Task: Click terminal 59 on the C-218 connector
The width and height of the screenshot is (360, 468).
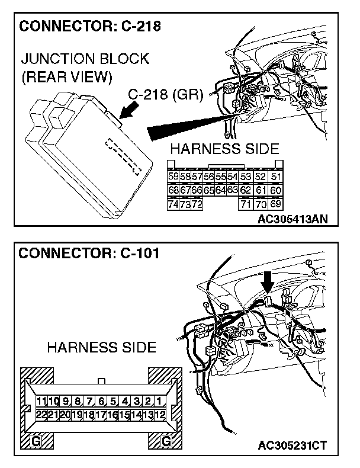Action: coord(173,177)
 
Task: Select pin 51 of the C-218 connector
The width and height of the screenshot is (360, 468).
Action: coord(275,177)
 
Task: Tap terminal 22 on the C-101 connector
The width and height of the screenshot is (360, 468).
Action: coord(41,415)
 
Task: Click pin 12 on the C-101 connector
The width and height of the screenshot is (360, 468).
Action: coord(159,415)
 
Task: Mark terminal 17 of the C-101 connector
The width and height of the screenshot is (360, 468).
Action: coord(101,415)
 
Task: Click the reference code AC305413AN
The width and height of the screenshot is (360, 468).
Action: coord(292,219)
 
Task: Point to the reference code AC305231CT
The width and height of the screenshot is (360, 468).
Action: coord(292,445)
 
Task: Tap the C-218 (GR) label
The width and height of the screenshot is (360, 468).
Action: coord(166,94)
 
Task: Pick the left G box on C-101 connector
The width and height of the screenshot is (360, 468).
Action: coord(37,441)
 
